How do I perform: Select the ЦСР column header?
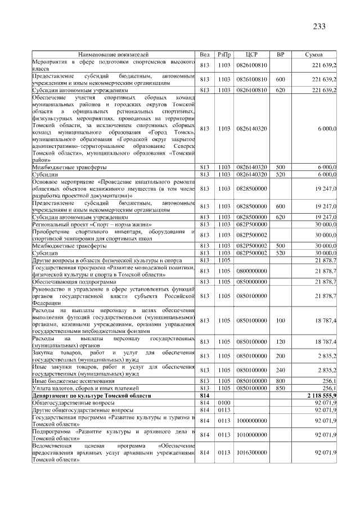[251, 54]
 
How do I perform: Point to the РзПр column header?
[224, 54]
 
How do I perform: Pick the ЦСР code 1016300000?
[251, 452]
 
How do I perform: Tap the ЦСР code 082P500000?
[251, 224]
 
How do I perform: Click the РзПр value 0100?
[224, 403]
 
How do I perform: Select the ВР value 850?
[280, 389]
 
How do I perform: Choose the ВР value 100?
[280, 321]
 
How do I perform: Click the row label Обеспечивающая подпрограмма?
[66, 281]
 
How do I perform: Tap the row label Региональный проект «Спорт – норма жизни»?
[84, 224]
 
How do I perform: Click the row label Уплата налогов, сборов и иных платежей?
[85, 389]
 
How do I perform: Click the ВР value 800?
[280, 381]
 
